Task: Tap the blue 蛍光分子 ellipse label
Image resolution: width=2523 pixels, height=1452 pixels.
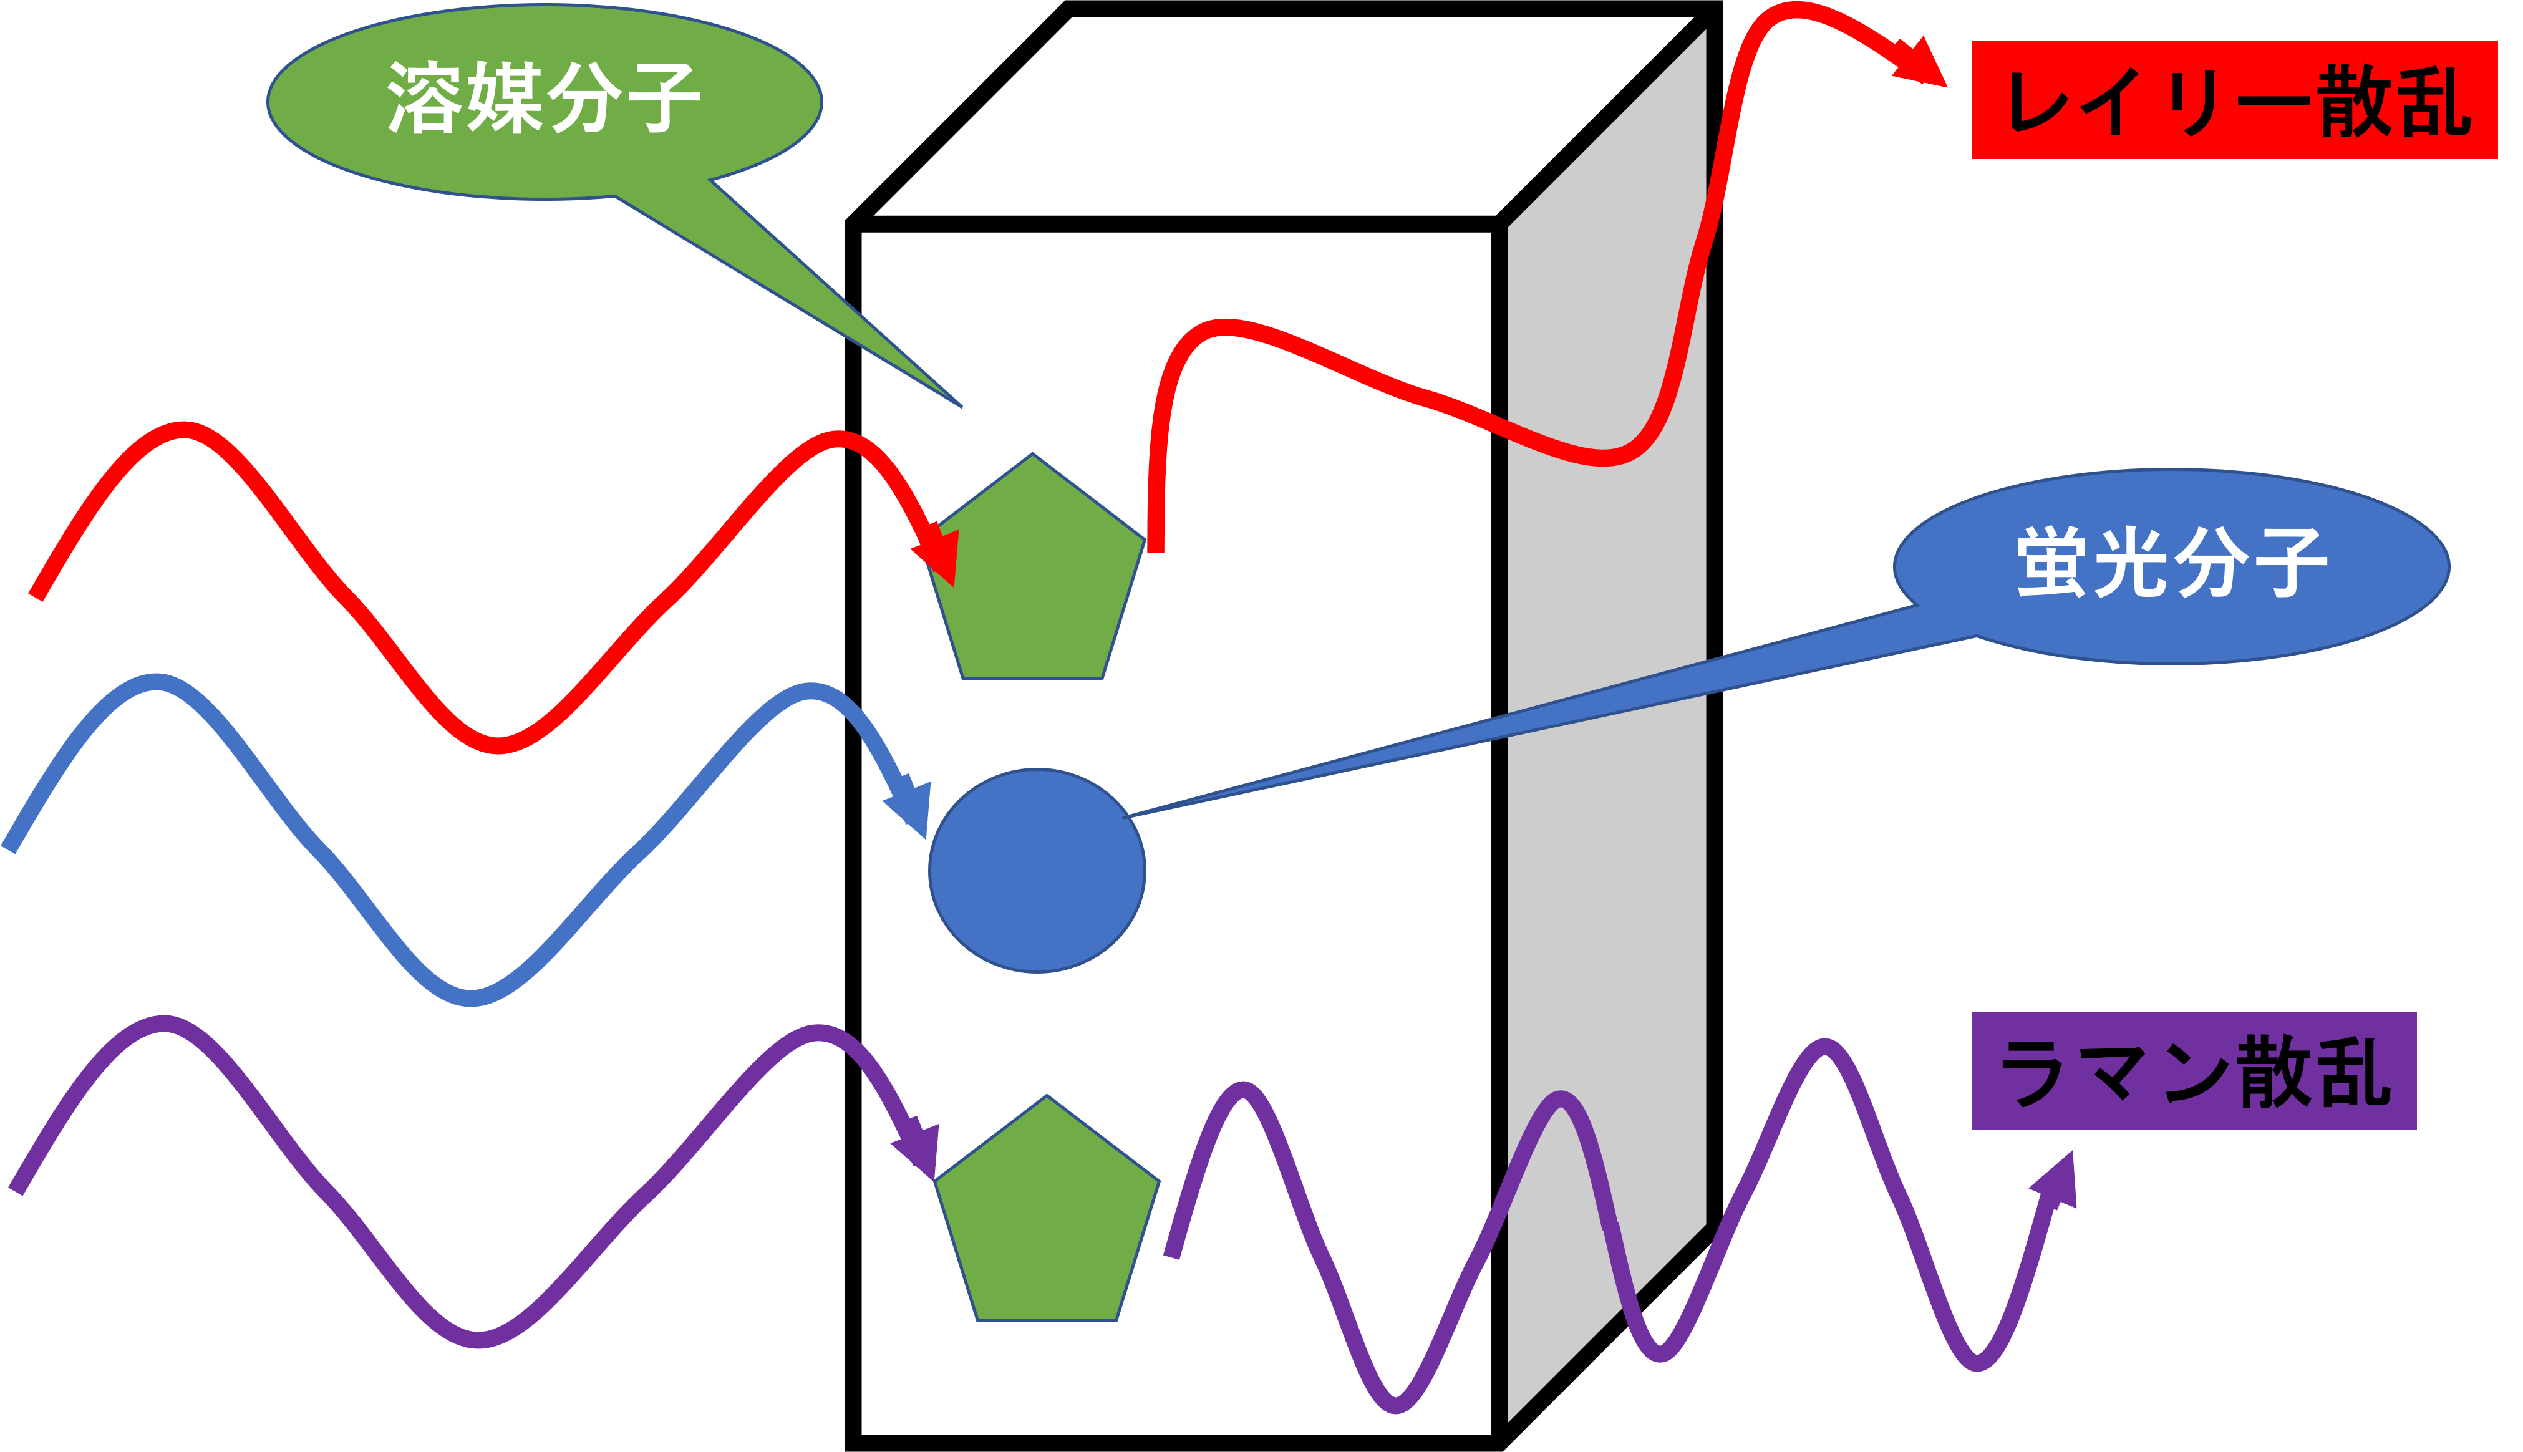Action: (2171, 566)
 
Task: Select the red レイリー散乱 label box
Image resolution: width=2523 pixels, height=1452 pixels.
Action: (2234, 100)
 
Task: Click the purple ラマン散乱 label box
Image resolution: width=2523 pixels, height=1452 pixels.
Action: (2193, 1071)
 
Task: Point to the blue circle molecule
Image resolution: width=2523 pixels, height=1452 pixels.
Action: (1037, 871)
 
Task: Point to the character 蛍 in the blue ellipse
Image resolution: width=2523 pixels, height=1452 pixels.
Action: (2052, 563)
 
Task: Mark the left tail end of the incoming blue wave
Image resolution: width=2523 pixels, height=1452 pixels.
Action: (10, 848)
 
